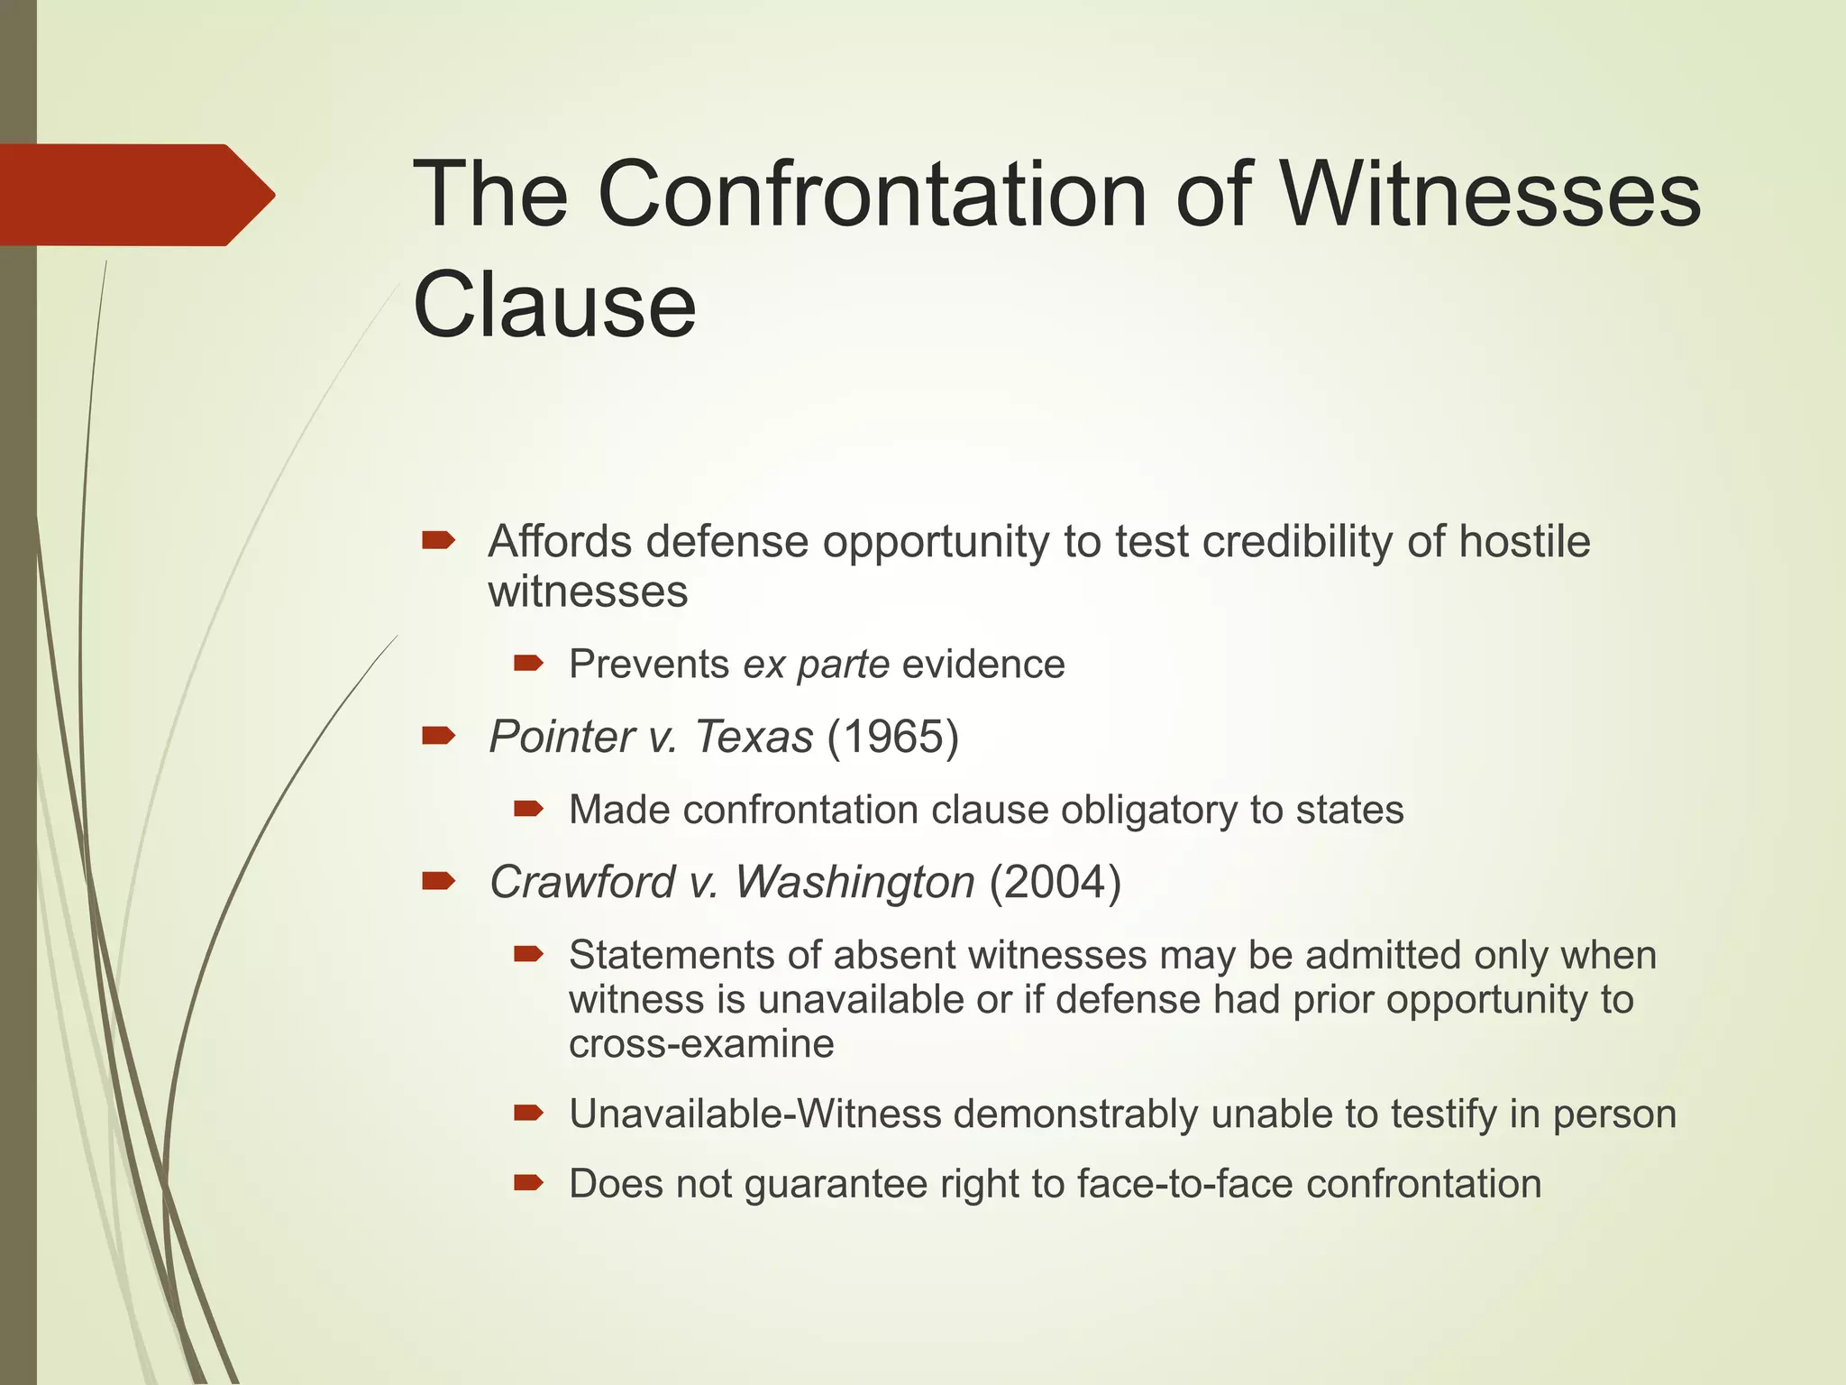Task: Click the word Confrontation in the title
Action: [x=873, y=195]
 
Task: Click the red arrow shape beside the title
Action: [x=135, y=195]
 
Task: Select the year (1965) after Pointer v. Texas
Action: [x=892, y=737]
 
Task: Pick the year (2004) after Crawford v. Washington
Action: [x=1055, y=882]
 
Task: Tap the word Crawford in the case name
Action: [x=582, y=882]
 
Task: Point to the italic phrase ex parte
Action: [x=817, y=665]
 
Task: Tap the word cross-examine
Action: [x=701, y=1044]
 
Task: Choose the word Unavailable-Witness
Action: [x=755, y=1114]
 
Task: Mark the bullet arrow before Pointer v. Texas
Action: [x=438, y=737]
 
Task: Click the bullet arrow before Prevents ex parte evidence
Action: [x=528, y=665]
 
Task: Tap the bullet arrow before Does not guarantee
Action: [x=528, y=1183]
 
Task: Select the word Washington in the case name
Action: [x=854, y=882]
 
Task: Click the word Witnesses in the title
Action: [x=1491, y=195]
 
